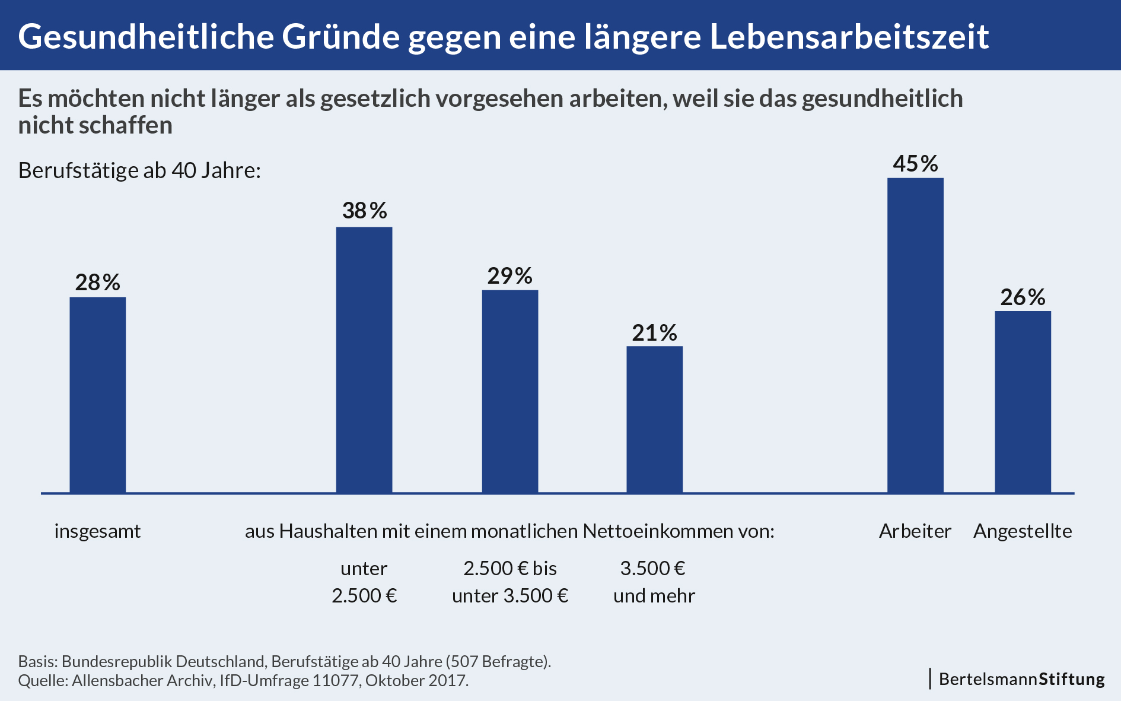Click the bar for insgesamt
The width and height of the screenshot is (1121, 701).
coord(98,395)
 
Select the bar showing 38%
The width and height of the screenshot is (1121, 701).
coord(364,360)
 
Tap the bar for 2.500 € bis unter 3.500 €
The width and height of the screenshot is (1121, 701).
coord(510,392)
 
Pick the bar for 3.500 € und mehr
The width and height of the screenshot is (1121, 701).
coord(655,420)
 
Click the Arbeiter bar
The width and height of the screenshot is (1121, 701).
coord(915,335)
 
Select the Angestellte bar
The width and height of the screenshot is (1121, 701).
coord(1023,402)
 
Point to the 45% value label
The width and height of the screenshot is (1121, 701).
coord(915,164)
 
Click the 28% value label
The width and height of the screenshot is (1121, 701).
coord(98,283)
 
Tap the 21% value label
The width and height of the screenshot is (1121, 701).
coord(655,333)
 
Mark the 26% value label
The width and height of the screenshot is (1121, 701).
coord(1023,297)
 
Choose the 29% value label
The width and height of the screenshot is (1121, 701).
coord(510,276)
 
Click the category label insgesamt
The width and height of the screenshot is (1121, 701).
coord(98,531)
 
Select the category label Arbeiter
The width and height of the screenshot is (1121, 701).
coord(915,531)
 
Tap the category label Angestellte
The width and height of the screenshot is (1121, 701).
coord(1023,531)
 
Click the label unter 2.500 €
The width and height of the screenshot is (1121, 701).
coord(364,582)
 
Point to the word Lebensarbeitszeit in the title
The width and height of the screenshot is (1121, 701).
coord(849,37)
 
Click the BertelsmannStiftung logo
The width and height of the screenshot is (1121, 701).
coord(1021,679)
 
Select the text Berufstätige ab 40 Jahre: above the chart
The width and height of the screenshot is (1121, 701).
coord(140,170)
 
